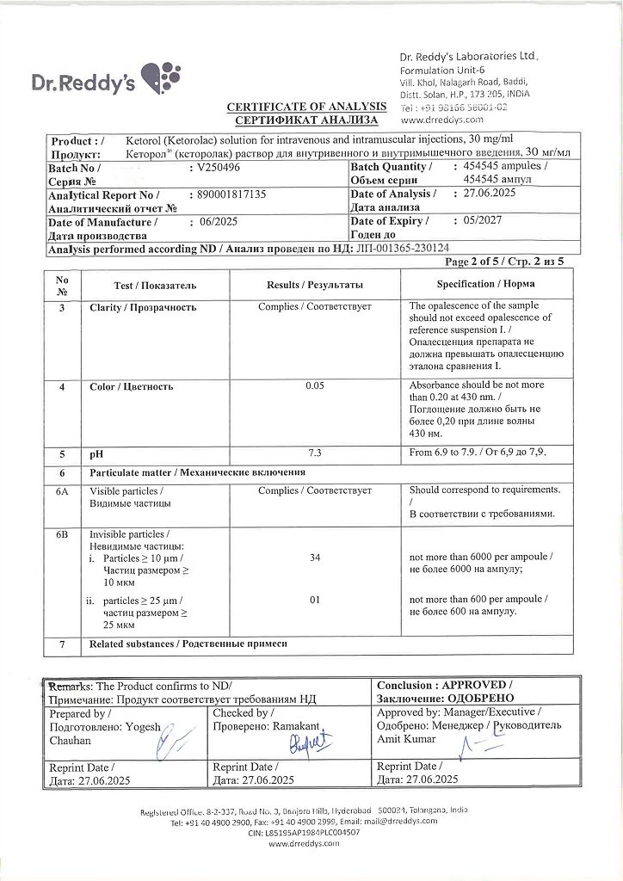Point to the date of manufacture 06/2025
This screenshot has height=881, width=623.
(x=217, y=222)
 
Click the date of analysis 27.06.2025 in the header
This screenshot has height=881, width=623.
(x=483, y=194)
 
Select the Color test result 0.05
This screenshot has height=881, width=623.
(x=314, y=386)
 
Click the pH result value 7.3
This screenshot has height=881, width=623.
(x=314, y=452)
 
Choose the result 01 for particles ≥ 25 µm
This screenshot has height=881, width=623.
(x=314, y=600)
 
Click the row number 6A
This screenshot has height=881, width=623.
(x=62, y=490)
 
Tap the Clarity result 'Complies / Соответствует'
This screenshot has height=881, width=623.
(x=314, y=306)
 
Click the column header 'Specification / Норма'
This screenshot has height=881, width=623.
(x=487, y=285)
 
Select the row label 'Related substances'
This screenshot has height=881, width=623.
(x=188, y=644)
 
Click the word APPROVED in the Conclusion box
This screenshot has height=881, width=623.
(x=475, y=686)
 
